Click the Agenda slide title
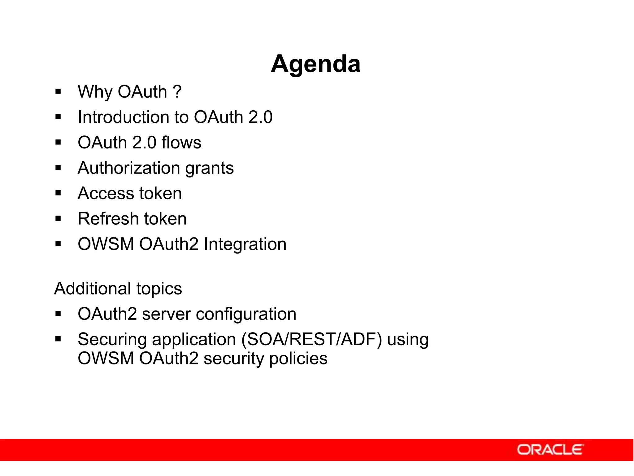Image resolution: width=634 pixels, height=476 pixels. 315,64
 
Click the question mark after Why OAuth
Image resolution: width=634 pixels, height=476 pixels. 177,92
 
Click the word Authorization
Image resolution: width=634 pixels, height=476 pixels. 129,168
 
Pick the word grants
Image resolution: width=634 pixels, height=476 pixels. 209,169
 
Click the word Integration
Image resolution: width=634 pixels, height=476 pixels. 245,244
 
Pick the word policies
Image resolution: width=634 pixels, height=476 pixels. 298,359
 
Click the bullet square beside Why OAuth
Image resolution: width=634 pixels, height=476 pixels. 58,92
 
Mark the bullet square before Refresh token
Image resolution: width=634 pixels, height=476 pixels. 58,219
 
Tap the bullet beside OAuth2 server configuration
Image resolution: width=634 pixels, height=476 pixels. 58,314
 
